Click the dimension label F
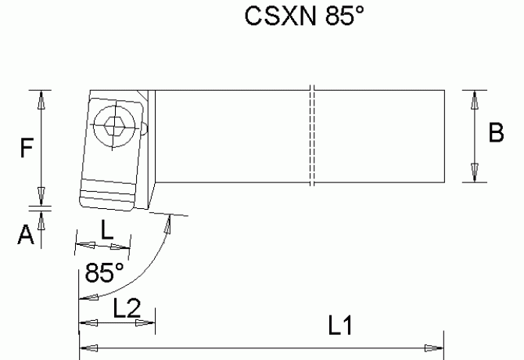[26, 149]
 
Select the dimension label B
[496, 134]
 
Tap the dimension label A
[26, 234]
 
